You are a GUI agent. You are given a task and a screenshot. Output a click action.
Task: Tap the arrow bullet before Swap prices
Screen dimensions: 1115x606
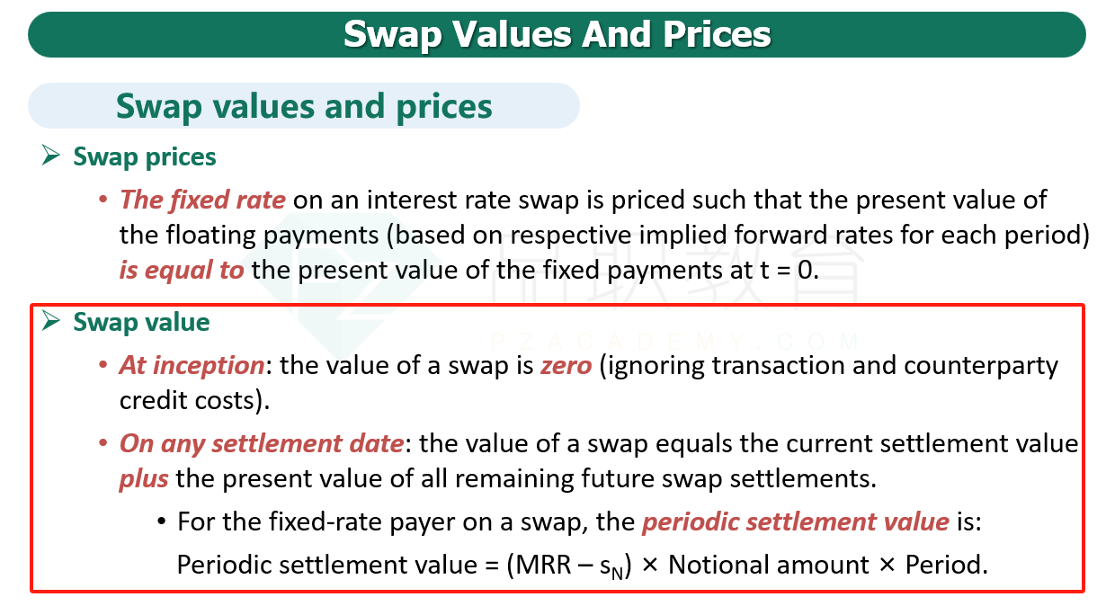[x=50, y=156]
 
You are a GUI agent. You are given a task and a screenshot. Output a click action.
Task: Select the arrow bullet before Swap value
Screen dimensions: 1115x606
[x=50, y=320]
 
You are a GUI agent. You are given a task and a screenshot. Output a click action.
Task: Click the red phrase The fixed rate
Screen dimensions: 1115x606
[x=202, y=200]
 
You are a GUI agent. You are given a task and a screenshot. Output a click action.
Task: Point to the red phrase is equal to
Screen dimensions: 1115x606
[x=182, y=271]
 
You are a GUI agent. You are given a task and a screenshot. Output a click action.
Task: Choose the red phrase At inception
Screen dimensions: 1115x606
[x=192, y=366]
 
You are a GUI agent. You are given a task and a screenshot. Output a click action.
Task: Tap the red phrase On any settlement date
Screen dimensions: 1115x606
[x=262, y=444]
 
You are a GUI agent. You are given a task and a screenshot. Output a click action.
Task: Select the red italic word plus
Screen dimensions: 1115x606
[x=144, y=479]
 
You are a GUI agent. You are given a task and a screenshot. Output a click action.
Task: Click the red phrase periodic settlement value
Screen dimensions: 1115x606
[x=796, y=522]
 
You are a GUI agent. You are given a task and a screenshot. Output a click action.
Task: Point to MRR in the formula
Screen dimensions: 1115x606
[x=543, y=566]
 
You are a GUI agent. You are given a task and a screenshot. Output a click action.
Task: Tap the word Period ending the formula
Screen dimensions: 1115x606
[x=941, y=566]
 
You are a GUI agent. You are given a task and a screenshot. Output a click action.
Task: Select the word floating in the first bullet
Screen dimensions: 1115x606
[x=210, y=236]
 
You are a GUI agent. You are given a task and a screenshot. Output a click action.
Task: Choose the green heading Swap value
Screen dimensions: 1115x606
[x=141, y=322]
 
